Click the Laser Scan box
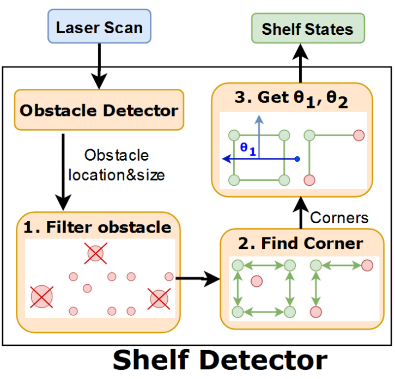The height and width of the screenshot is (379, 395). (99, 27)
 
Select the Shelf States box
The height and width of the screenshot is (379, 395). (307, 29)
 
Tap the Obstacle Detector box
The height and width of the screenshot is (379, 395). (99, 111)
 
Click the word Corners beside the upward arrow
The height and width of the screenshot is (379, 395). (339, 218)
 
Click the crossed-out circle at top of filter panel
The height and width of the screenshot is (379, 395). (96, 253)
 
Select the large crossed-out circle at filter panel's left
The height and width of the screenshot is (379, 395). (41, 297)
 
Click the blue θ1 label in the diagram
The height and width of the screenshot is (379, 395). (249, 148)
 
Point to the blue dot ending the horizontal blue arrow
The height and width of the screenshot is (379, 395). (297, 159)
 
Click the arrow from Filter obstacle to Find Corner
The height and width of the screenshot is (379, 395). (197, 279)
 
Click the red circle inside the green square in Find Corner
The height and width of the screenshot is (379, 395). (256, 281)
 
